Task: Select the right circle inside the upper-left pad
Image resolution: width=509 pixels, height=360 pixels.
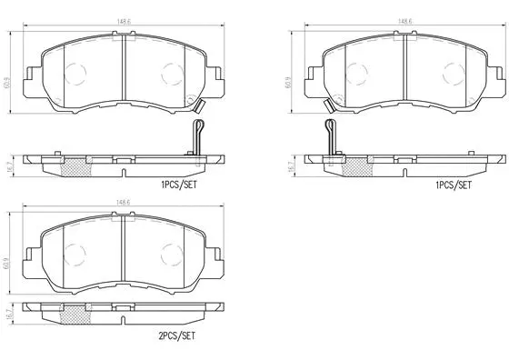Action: click(169, 73)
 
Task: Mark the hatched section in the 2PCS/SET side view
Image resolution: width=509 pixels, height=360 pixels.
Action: click(76, 314)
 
